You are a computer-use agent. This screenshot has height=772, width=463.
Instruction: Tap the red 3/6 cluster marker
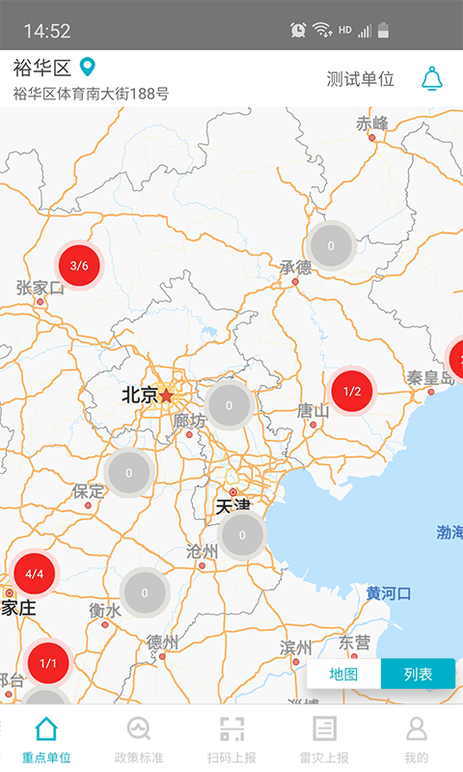(79, 265)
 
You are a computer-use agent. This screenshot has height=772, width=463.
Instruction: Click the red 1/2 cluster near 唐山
(352, 391)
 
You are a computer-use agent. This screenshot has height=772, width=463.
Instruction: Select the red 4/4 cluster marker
(35, 573)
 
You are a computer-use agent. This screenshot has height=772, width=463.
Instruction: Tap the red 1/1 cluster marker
(48, 663)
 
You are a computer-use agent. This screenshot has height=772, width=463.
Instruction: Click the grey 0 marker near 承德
(331, 245)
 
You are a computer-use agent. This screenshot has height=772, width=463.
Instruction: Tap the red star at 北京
(167, 395)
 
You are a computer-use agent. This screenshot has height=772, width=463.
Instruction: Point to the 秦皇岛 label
(429, 377)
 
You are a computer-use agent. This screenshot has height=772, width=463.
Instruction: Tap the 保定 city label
(88, 491)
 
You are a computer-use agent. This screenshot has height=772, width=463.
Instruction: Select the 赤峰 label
(371, 124)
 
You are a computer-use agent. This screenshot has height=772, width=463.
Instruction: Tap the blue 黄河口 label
(389, 593)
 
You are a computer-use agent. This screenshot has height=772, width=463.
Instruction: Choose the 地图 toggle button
(343, 674)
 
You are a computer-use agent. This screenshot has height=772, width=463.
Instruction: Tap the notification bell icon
(431, 79)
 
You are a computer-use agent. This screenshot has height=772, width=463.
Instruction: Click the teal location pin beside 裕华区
(88, 68)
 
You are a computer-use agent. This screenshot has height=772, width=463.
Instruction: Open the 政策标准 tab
(139, 739)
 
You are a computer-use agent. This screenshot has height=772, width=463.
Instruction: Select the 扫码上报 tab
(231, 739)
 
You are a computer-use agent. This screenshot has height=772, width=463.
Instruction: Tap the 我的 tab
(417, 739)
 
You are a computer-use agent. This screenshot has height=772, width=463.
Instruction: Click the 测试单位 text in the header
(361, 79)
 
